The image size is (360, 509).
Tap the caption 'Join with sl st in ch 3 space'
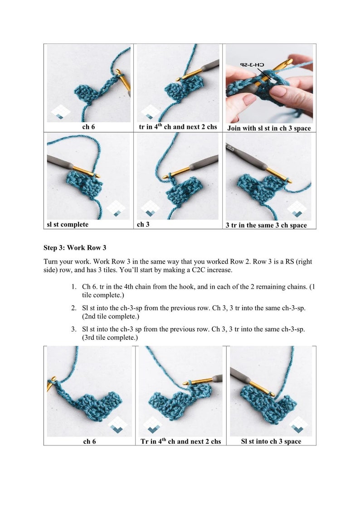tap(269, 128)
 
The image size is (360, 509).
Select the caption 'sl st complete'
tap(68, 225)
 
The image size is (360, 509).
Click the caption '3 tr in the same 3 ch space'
tap(266, 225)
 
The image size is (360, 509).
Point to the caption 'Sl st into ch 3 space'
tap(271, 441)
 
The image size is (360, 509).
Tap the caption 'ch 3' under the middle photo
tap(144, 225)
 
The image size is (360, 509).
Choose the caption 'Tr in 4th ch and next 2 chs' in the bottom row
tap(180, 441)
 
